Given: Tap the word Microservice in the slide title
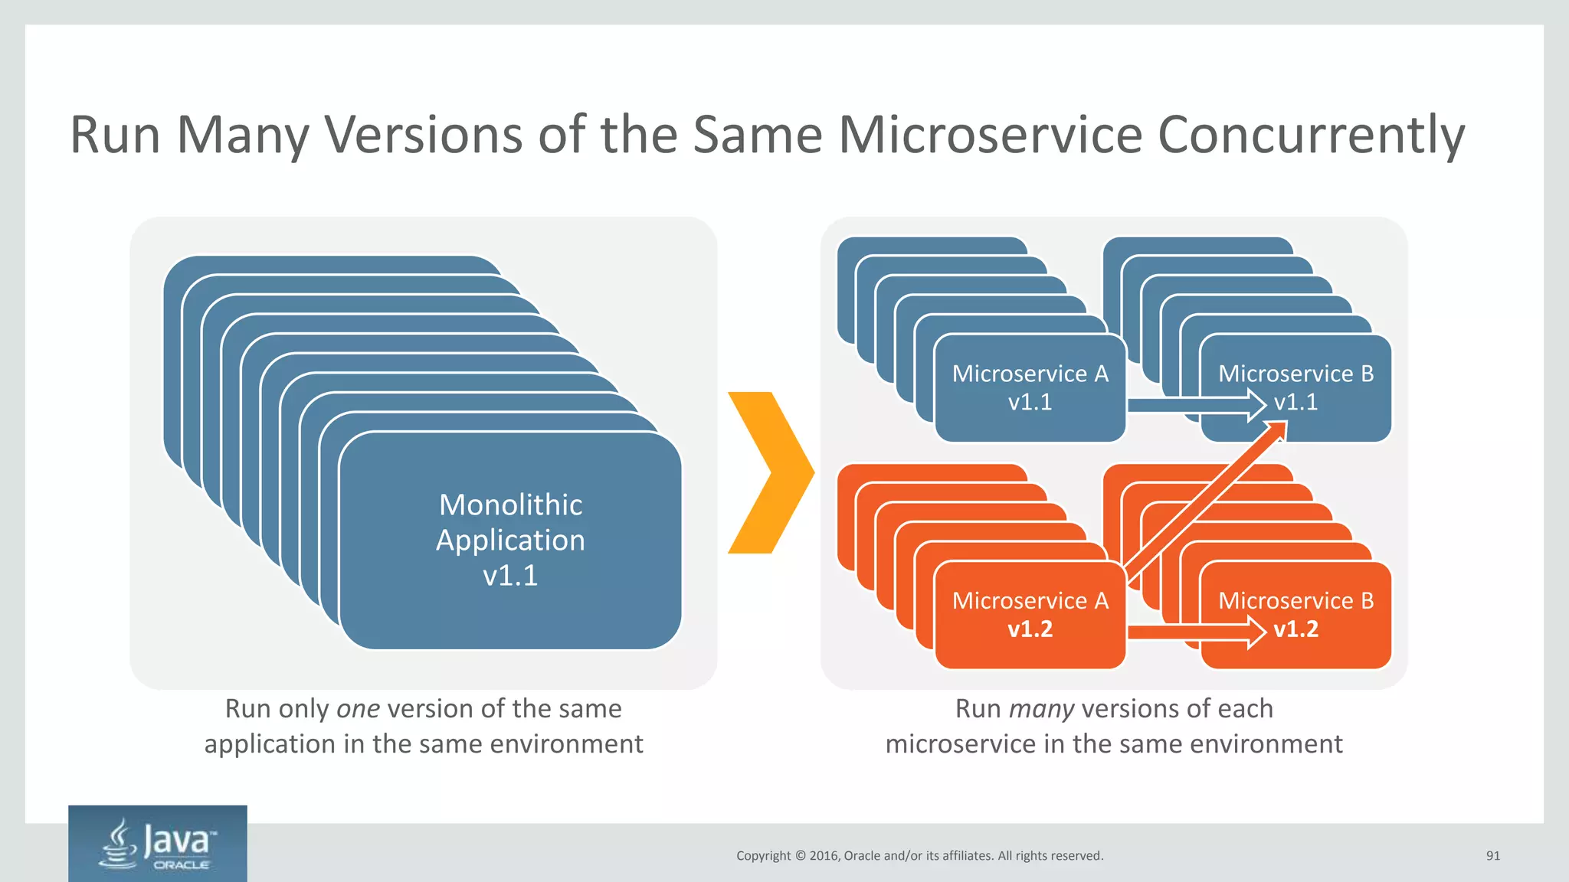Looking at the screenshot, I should [991, 135].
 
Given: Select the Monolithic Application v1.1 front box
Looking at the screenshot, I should [510, 540].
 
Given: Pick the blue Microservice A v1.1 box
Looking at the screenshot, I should [1030, 387].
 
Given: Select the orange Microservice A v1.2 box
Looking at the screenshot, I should [1030, 615].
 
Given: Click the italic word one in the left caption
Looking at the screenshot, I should [358, 709].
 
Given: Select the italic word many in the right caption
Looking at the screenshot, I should [1041, 709].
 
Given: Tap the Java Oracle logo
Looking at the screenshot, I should [158, 844].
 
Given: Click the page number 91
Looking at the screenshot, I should [1492, 856].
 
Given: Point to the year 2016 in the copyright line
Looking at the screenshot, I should [824, 856].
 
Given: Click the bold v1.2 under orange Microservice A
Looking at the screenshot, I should [1030, 629].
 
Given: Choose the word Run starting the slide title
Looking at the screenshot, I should [115, 135].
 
